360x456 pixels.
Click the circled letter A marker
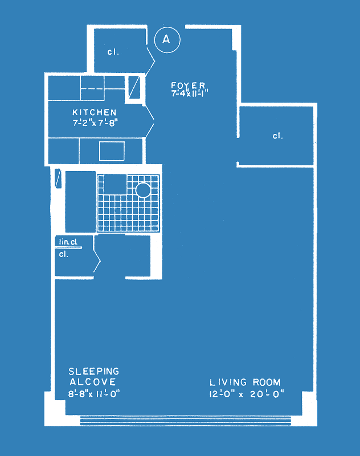point(167,40)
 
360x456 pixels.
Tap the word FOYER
point(189,85)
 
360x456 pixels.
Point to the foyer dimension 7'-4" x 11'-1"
point(190,93)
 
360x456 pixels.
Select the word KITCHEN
point(95,112)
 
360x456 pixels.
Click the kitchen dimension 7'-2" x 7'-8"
point(95,123)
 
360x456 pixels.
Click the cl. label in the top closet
point(113,52)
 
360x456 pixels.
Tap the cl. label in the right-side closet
point(278,136)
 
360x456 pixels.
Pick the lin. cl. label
point(68,242)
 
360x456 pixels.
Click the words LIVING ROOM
point(245,382)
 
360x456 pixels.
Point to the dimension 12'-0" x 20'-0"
point(247,394)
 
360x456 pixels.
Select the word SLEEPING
point(94,372)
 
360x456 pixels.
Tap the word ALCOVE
point(93,382)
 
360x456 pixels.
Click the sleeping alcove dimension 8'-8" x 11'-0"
point(94,394)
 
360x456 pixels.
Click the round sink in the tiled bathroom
point(143,190)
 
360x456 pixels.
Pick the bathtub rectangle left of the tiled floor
point(80,202)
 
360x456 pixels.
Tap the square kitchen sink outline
point(112,151)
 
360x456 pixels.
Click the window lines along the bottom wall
point(185,421)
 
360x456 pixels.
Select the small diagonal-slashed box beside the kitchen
point(134,87)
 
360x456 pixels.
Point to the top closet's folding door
point(150,61)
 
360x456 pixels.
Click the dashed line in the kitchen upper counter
point(92,88)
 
